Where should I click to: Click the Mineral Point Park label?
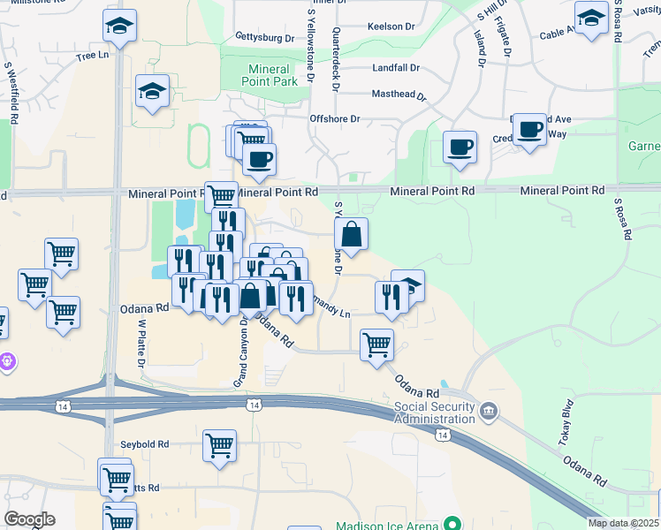click(x=269, y=75)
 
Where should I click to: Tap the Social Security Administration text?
click(x=435, y=412)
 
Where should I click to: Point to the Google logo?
click(x=29, y=519)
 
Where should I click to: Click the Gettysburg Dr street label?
click(x=264, y=38)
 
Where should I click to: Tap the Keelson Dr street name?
click(x=391, y=27)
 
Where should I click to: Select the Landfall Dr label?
click(x=396, y=67)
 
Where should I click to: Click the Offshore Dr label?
click(x=335, y=118)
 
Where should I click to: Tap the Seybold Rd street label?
click(x=146, y=444)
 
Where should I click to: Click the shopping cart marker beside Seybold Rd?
click(x=220, y=445)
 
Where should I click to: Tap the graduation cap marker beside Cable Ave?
click(x=590, y=17)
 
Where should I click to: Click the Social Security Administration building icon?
click(x=489, y=411)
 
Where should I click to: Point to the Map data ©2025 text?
click(x=623, y=523)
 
